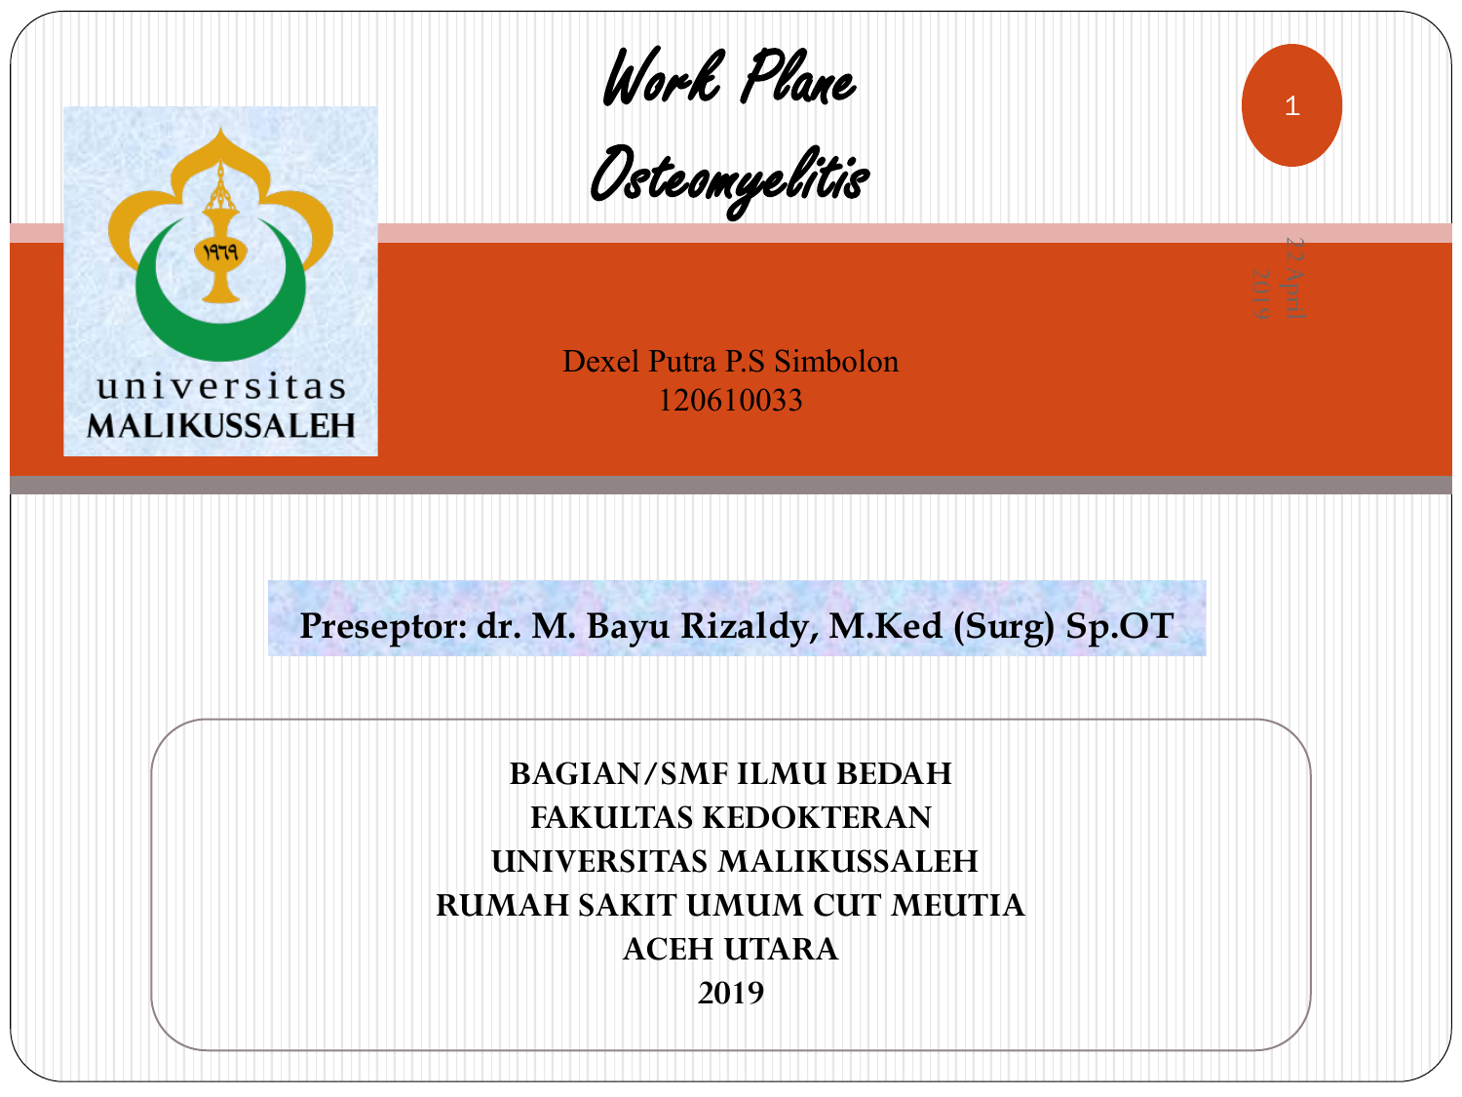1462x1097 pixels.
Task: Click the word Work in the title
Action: tap(664, 77)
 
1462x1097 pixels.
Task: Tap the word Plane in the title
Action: tap(799, 77)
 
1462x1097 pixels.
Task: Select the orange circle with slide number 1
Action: tap(1291, 105)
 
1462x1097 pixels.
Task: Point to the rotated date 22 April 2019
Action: tap(1278, 279)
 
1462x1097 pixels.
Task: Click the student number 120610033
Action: tap(730, 401)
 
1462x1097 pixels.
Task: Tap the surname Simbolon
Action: tap(836, 362)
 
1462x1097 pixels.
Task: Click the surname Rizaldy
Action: tap(750, 627)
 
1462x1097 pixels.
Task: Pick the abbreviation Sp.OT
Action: tap(1120, 626)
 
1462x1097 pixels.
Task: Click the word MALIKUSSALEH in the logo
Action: tap(221, 426)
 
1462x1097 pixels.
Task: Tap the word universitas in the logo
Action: tap(221, 387)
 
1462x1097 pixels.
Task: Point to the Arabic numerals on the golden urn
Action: tap(220, 252)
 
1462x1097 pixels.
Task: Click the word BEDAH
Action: tap(894, 774)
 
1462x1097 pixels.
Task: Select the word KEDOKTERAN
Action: tap(817, 818)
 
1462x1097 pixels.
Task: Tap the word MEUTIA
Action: tap(958, 906)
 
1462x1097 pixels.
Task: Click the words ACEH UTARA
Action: tap(731, 950)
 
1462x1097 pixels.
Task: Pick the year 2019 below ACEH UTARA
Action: tap(731, 994)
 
